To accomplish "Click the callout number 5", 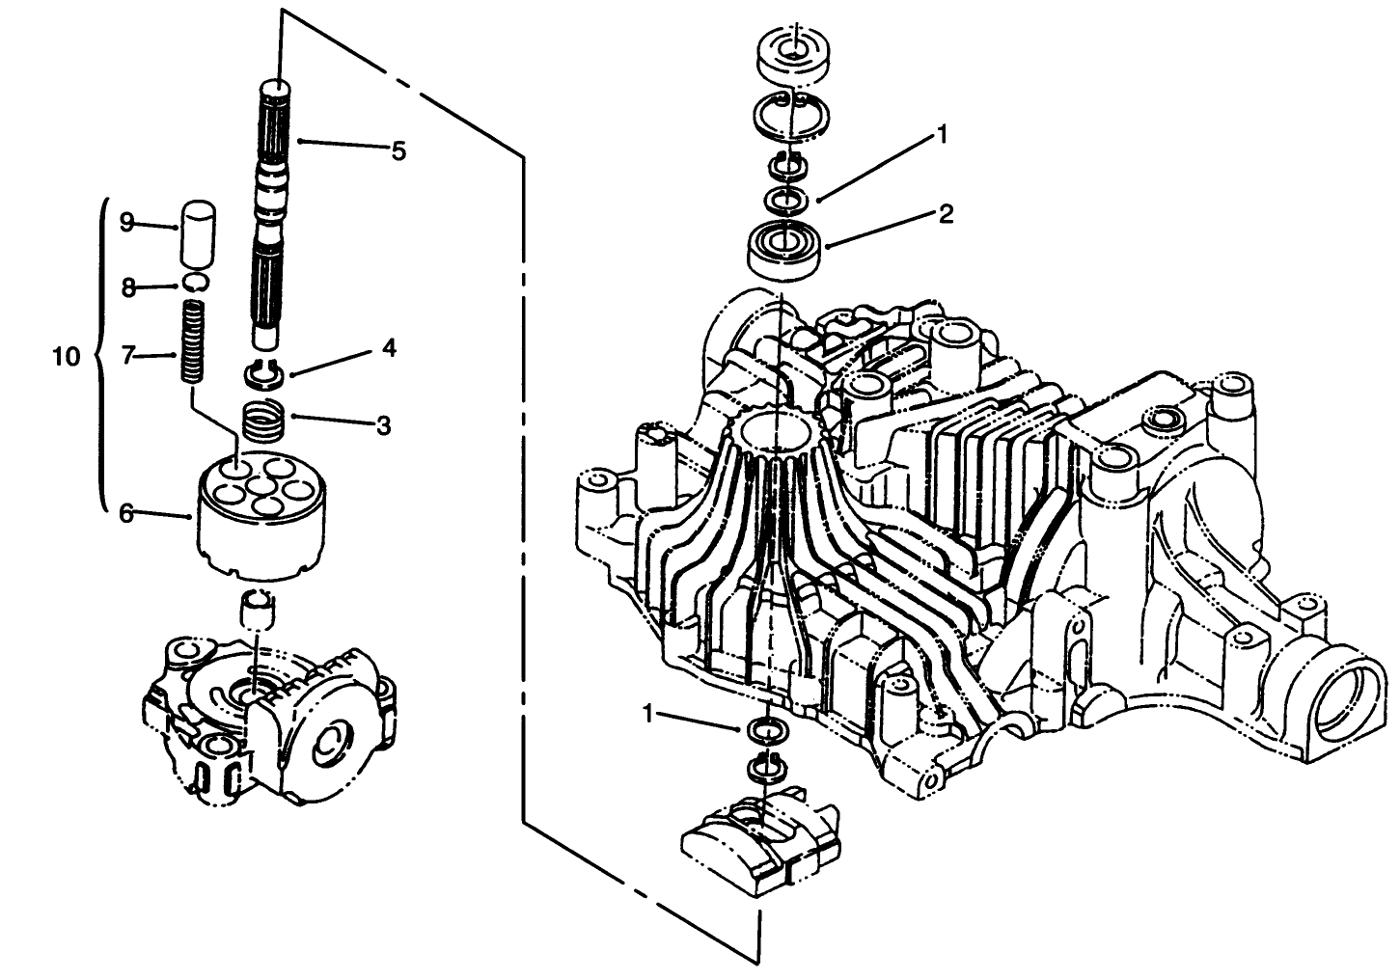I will pyautogui.click(x=398, y=150).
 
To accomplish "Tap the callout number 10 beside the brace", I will pyautogui.click(x=66, y=357).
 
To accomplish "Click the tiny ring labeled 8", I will pyautogui.click(x=197, y=282).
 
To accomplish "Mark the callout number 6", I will pyautogui.click(x=125, y=513).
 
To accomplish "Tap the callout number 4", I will pyautogui.click(x=389, y=348).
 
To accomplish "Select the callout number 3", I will pyautogui.click(x=383, y=425).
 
